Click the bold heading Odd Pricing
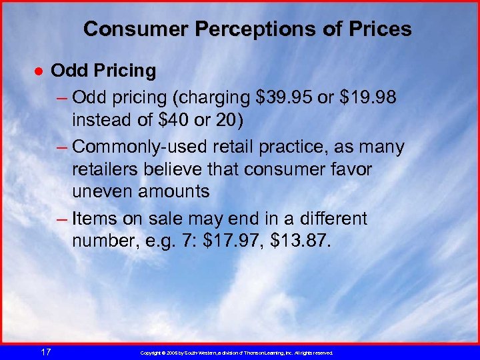pos(103,70)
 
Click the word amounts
pos(176,192)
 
